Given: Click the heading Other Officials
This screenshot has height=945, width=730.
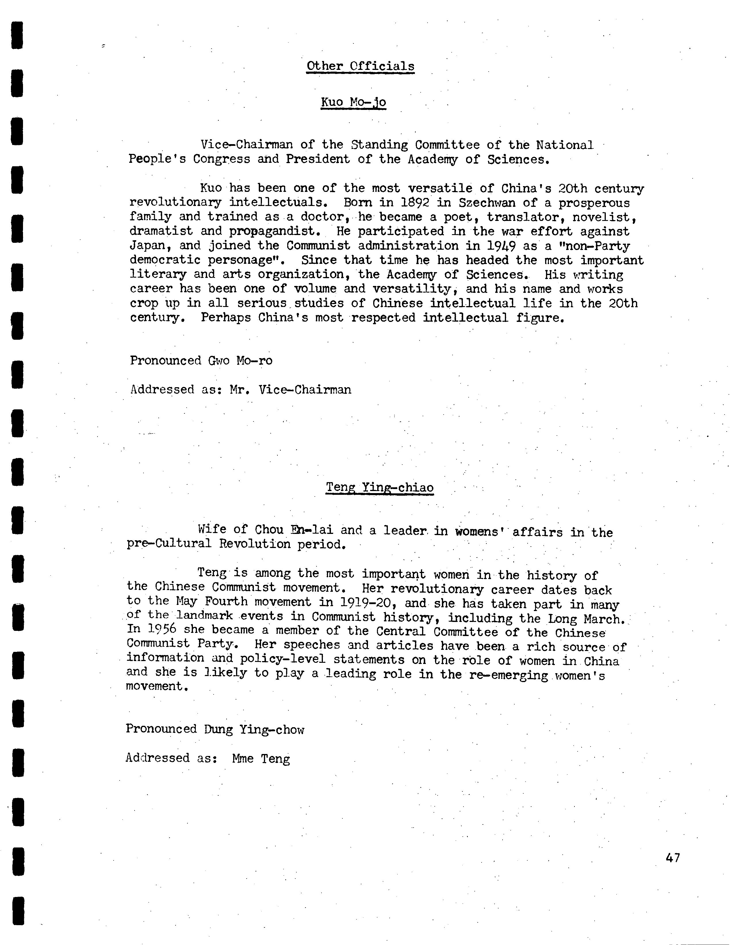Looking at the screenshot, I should [360, 66].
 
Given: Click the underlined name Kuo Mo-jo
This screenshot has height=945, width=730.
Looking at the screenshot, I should [353, 102].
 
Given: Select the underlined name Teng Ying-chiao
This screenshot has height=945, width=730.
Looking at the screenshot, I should [379, 487].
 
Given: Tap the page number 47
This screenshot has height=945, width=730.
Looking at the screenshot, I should [673, 857].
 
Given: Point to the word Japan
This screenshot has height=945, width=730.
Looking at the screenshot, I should [147, 246].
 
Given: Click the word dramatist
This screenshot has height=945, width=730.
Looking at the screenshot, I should [161, 232].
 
